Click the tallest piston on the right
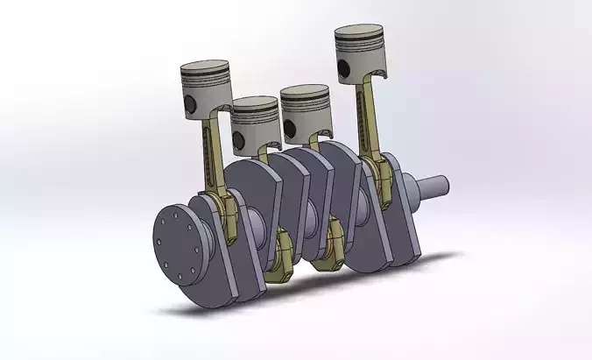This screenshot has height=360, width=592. click(x=359, y=57)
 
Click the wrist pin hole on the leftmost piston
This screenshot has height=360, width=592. click(x=188, y=106)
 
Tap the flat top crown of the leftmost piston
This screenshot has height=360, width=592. click(x=204, y=68)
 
